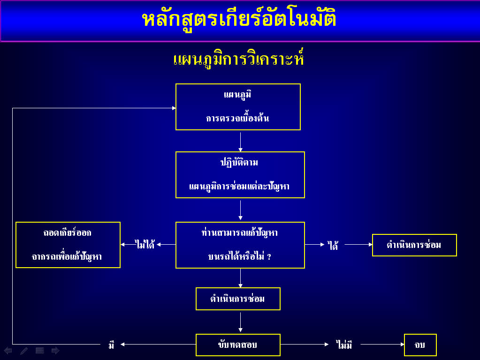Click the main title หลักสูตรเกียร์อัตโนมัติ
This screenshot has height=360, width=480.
pos(239,19)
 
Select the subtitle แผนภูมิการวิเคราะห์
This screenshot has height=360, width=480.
pos(238,59)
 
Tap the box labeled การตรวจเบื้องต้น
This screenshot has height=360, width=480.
pos(238,107)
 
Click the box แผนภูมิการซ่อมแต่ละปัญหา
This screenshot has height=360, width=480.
pos(240,175)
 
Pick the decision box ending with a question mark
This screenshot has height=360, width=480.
pos(240,245)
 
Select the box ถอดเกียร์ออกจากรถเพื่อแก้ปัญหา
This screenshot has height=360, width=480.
pos(68,245)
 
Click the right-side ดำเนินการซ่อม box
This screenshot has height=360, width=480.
pos(414,245)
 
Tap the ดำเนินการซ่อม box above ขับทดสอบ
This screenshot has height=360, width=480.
pos(238,299)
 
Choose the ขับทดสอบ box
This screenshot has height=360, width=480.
pos(238,345)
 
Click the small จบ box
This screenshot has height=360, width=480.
pos(420,345)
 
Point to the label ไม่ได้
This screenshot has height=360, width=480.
pos(145,244)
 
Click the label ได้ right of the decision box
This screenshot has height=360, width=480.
pos(333,245)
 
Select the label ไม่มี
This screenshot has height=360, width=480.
pos(344,345)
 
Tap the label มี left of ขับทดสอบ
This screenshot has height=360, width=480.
pos(111,345)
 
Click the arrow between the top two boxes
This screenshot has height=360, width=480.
pos(240,142)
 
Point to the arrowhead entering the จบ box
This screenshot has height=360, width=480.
pos(402,345)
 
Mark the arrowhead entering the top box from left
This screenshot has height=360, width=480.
pos(174,108)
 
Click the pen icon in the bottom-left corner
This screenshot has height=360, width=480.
pos(24,351)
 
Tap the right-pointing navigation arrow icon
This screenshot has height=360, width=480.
pos(55,351)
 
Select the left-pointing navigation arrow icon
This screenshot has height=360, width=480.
pos(8,351)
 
